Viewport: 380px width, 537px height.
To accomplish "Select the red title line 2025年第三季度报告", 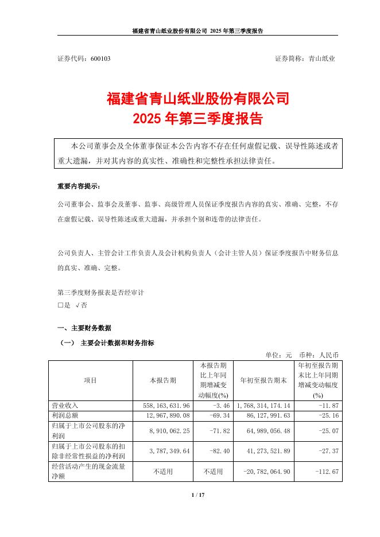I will [197, 119].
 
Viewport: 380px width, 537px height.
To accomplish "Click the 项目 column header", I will [91, 380].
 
